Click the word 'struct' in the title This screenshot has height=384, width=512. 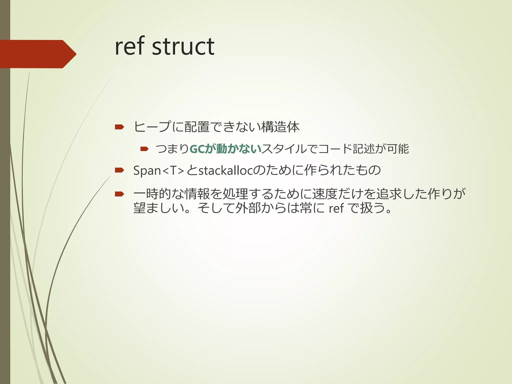coord(183,46)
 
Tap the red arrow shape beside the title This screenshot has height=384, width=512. coord(37,54)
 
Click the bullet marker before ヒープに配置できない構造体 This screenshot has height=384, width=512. coord(119,127)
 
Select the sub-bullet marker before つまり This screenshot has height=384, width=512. coord(144,149)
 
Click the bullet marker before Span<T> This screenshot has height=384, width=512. coord(119,170)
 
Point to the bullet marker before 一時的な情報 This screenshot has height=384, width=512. coord(119,194)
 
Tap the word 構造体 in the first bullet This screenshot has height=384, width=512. coord(280,127)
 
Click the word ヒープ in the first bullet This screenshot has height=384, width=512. coord(152,127)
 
